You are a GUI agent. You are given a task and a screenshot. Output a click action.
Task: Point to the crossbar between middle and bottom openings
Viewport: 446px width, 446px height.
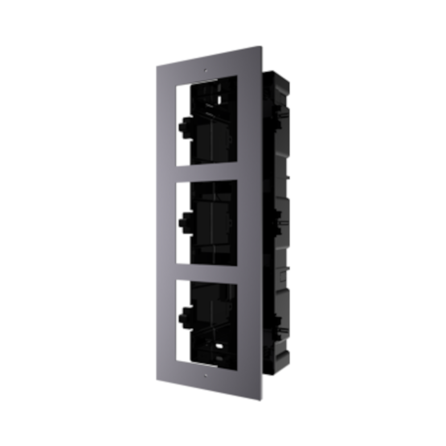[206, 272]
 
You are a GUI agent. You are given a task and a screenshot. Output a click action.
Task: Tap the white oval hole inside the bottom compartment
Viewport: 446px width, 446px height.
[219, 346]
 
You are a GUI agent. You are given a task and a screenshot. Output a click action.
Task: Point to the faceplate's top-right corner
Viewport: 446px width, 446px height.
[260, 47]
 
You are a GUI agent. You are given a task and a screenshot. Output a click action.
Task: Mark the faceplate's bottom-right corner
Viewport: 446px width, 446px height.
[260, 399]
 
